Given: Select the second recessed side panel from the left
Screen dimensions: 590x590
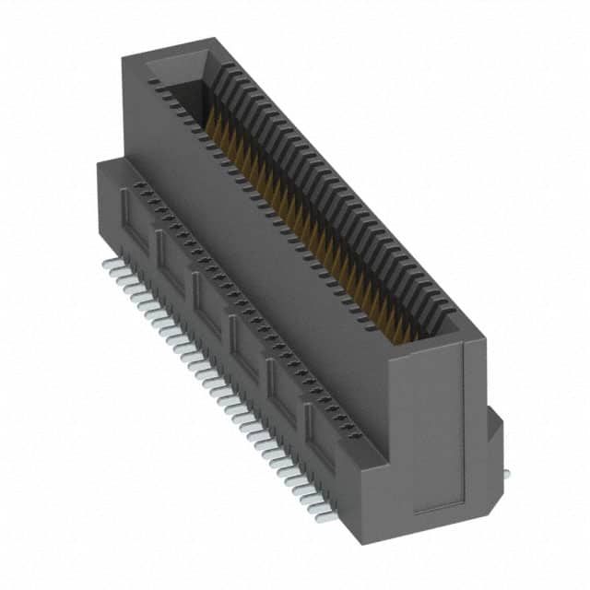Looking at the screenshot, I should click(171, 259).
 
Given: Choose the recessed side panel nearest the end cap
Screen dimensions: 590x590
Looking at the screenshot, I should click(321, 426).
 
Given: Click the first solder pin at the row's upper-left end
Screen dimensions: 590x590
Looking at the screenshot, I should click(107, 265).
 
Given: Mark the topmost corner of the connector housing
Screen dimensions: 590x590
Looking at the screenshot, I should click(214, 39).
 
